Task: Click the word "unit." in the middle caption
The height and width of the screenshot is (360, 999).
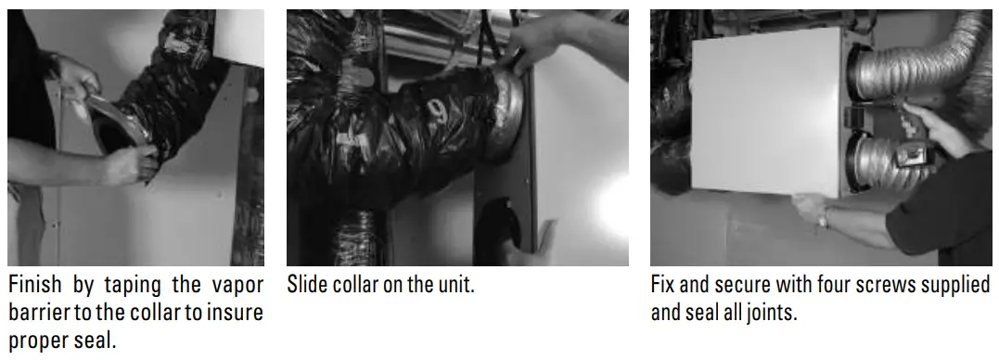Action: pos(452,285)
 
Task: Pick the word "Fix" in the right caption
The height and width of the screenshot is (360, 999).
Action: pos(665,285)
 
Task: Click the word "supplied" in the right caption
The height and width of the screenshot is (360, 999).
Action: pos(956,285)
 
